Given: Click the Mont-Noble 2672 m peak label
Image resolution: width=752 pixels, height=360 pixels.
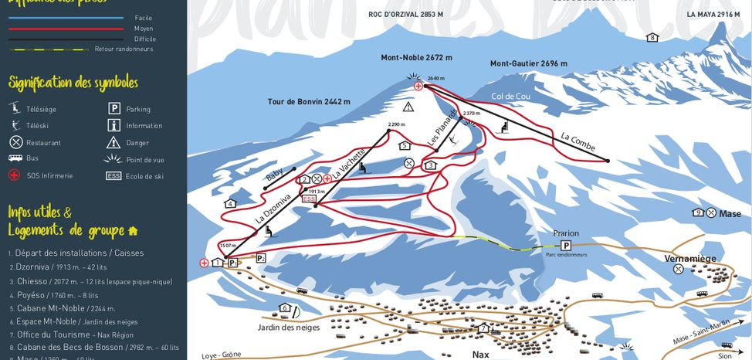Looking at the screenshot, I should [x=416, y=57].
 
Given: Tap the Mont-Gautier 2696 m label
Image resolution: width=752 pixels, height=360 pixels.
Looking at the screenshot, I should [x=528, y=63].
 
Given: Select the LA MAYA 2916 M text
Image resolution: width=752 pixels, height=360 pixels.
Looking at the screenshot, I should [x=713, y=15].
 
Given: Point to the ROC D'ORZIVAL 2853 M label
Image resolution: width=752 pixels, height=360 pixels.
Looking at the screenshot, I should [x=405, y=15].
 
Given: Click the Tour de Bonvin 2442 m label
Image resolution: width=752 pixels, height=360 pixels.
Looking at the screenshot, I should [x=309, y=101].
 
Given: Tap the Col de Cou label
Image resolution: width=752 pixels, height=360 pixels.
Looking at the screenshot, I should [x=510, y=97].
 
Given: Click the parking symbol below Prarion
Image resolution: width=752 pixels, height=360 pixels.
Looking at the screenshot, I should [x=566, y=245].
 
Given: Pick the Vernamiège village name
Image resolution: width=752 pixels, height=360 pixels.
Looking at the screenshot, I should [x=690, y=258].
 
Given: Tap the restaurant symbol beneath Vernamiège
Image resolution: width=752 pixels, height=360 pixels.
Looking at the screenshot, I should [x=678, y=269].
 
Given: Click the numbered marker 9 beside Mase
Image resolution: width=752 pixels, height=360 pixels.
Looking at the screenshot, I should [x=698, y=212].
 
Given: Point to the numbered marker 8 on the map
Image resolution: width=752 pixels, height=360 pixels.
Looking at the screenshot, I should [x=652, y=37].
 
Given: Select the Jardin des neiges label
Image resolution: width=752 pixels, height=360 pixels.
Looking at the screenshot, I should [x=288, y=327].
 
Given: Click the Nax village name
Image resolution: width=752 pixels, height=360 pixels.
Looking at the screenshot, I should [x=481, y=354].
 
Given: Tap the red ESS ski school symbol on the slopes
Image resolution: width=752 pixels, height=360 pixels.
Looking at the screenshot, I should [x=310, y=199].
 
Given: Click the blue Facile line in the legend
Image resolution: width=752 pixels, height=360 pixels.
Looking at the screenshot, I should [x=66, y=18].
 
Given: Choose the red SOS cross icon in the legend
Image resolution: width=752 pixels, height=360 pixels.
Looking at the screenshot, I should [x=15, y=175].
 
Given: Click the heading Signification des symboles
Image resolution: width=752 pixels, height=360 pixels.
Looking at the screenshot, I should [x=73, y=83].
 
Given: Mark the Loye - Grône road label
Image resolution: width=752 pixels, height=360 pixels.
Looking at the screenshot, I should [x=221, y=355].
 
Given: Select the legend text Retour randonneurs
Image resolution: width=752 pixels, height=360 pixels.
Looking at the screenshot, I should [x=124, y=49].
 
